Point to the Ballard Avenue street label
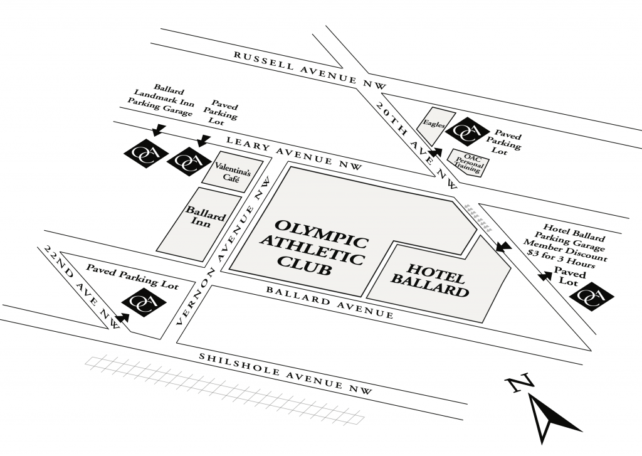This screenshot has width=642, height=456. (x=330, y=302)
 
